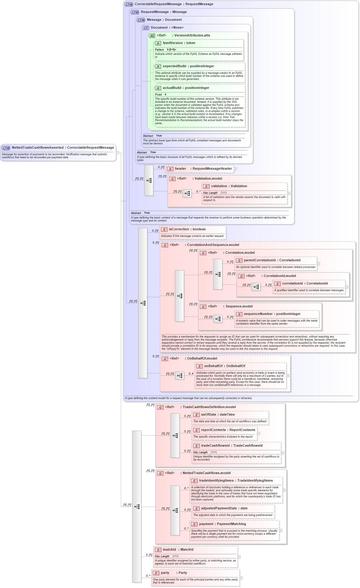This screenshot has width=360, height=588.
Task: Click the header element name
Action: [x=180, y=169]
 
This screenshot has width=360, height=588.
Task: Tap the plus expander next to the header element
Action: [x=236, y=169]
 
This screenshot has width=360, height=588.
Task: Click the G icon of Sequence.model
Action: [x=203, y=307]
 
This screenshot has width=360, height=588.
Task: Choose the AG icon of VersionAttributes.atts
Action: [x=152, y=36]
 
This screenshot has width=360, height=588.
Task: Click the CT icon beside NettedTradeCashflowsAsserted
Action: [x=6, y=148]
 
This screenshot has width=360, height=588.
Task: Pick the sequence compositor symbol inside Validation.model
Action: [x=187, y=193]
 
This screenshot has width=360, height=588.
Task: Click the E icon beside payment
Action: [x=194, y=524]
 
